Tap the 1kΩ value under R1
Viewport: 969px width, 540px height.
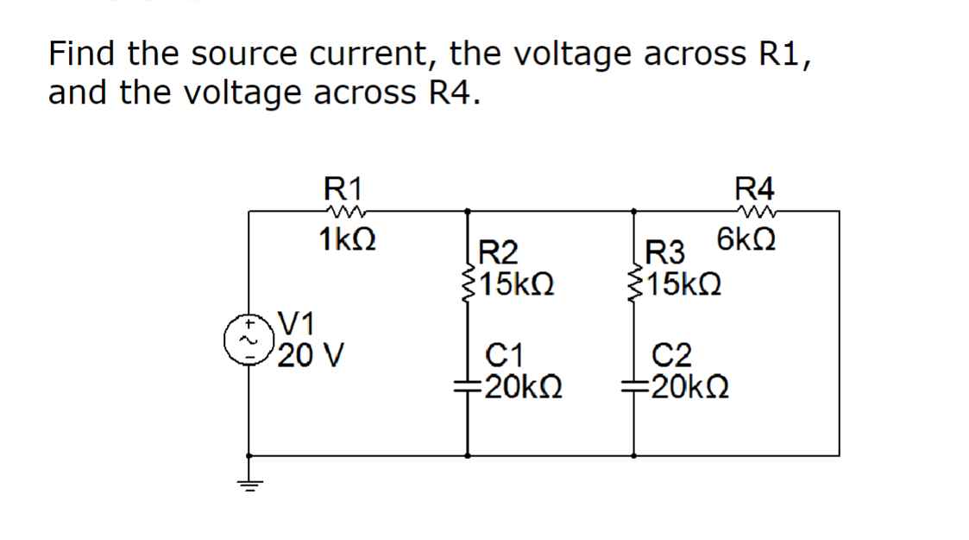345,238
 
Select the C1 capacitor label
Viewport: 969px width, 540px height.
506,353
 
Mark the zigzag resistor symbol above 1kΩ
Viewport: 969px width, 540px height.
343,208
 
